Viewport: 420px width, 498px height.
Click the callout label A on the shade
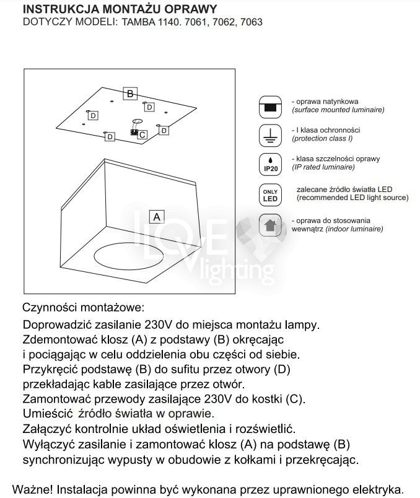click(157, 217)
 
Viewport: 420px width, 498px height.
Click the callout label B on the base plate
click(129, 94)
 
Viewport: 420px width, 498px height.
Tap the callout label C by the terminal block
click(142, 134)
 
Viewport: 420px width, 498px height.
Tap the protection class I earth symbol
click(269, 134)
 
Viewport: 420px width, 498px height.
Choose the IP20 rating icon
click(269, 164)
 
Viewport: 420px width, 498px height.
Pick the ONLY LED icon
click(270, 195)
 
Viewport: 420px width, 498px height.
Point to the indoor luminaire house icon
click(269, 224)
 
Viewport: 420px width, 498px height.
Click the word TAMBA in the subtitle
click(135, 22)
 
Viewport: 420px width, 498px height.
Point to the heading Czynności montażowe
click(82, 307)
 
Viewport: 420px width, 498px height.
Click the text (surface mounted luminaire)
click(338, 110)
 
